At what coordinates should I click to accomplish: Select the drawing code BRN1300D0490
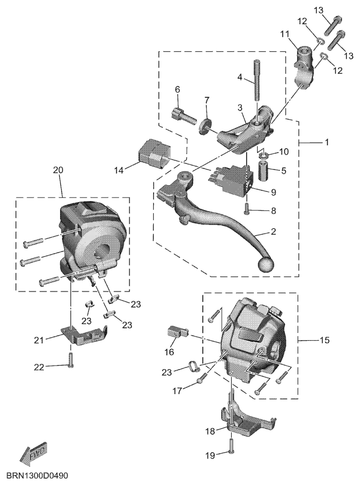[x=37, y=475]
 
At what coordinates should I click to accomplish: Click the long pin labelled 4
[x=257, y=80]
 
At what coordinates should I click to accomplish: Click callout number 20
[x=58, y=170]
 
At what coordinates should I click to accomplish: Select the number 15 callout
[x=324, y=340]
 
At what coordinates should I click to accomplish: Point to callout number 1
[x=326, y=142]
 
